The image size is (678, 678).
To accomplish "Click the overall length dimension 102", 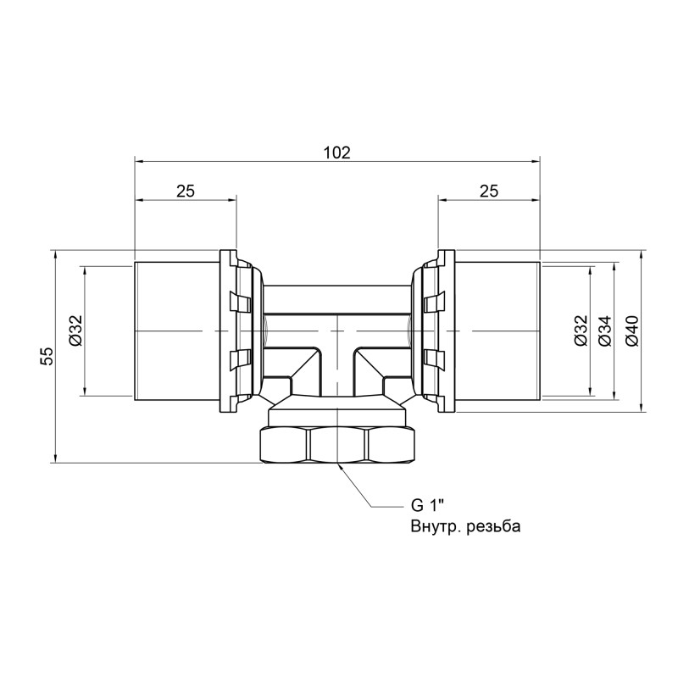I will pos(337,153).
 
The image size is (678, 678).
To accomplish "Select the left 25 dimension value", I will pos(186,192).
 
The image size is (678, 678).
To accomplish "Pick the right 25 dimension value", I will pos(488,192).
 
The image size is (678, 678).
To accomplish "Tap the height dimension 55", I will pos(48,356).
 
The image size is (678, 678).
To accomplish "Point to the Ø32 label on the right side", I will pos(580,330).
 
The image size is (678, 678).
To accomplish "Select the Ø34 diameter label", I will pos(603,330).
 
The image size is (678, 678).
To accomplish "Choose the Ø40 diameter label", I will pos(631,330).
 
